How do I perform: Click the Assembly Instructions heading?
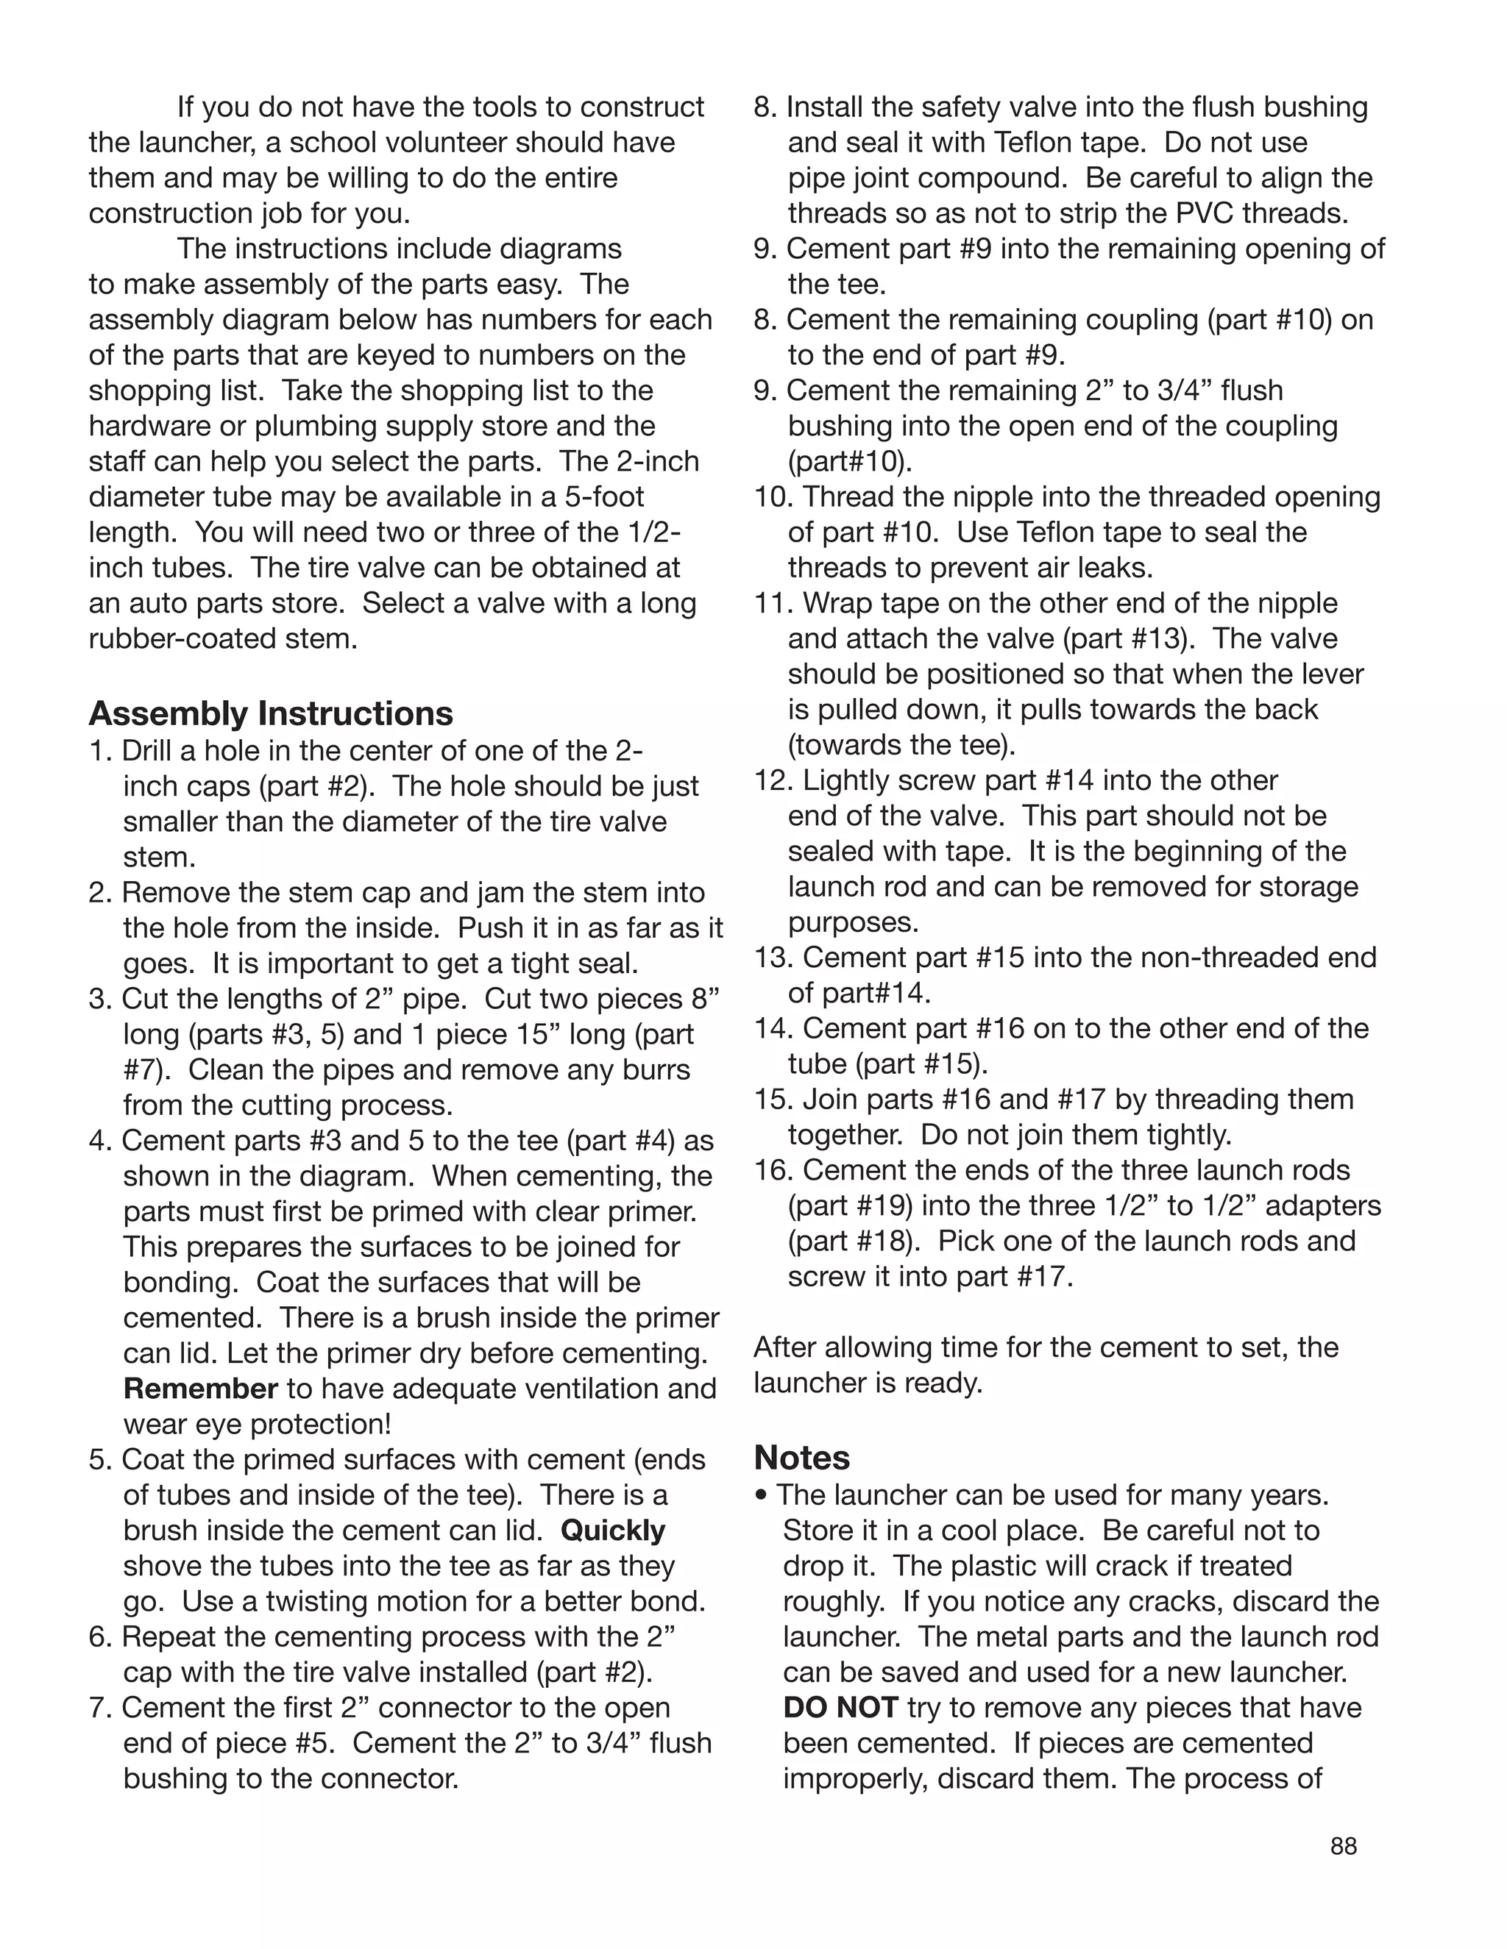[271, 714]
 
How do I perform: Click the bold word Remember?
[201, 1389]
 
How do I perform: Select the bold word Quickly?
[614, 1531]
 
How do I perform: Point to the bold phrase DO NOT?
[840, 1707]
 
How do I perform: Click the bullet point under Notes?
[761, 1494]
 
